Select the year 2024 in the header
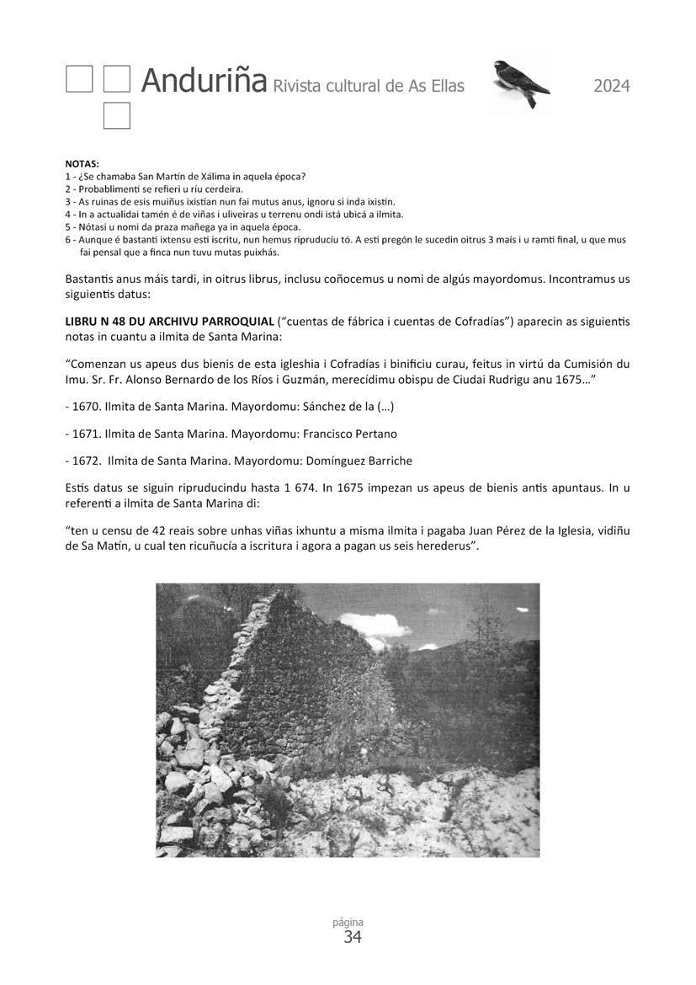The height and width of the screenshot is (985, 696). click(611, 86)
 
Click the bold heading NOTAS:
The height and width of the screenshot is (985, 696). click(82, 163)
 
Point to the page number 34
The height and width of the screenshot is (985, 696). click(353, 938)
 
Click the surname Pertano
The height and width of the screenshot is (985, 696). click(371, 434)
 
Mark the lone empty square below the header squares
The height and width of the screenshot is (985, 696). click(117, 116)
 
